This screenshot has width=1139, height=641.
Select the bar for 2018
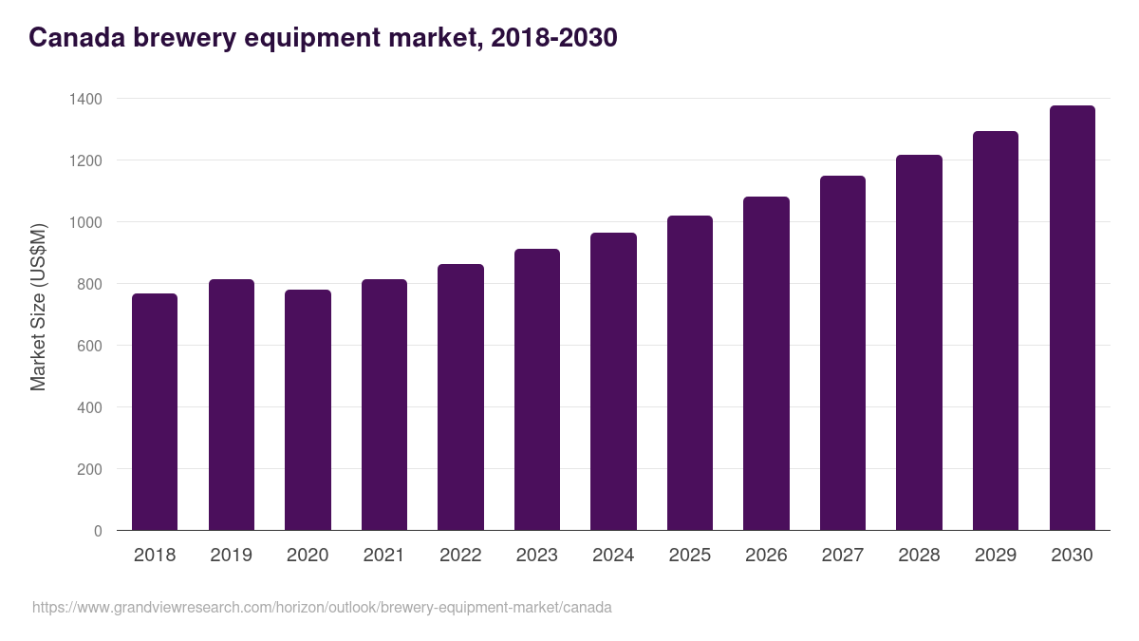[x=155, y=412]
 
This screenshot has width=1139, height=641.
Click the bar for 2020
[x=308, y=410]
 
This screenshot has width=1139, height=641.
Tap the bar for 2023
[x=536, y=389]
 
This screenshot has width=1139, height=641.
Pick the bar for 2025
[x=689, y=373]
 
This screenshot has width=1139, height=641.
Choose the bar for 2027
[x=842, y=353]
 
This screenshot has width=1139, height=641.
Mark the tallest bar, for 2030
[x=1072, y=318]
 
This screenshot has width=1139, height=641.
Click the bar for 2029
[x=995, y=330]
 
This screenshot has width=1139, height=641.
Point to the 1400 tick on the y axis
[x=85, y=99]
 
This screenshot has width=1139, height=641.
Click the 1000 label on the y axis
[x=85, y=222]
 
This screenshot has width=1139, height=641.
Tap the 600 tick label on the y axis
[x=89, y=346]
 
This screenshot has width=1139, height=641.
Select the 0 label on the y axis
[x=98, y=531]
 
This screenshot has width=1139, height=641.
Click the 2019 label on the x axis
[x=231, y=556]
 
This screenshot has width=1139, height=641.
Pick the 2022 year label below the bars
[x=460, y=556]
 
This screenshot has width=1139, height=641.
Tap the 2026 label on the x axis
[x=766, y=556]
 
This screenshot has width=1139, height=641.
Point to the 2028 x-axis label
[x=919, y=556]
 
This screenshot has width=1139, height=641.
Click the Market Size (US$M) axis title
[x=38, y=307]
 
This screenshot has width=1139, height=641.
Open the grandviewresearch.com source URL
[x=322, y=608]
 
